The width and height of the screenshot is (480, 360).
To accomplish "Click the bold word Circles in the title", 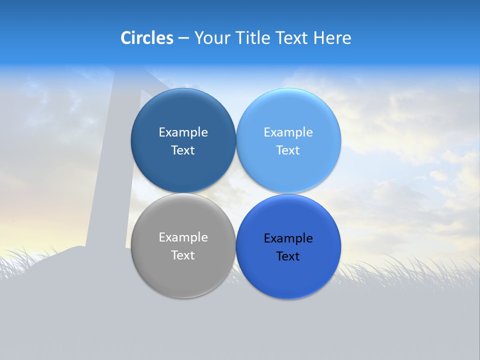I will tap(146, 38).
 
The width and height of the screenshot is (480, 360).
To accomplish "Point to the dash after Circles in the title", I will tap(183, 38).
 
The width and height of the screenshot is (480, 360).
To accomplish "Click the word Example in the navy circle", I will tap(183, 132).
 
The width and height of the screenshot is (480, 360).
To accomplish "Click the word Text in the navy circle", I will tap(183, 150).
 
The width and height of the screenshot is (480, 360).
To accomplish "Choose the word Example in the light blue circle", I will tap(288, 132).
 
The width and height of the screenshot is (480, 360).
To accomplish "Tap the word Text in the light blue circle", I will tap(288, 150).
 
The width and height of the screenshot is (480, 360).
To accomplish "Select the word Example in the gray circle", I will tap(183, 237).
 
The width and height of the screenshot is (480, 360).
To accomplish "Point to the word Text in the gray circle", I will tap(183, 255).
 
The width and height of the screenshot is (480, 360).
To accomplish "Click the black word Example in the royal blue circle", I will tap(288, 238).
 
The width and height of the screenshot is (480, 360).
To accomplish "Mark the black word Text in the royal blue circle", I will tap(288, 256).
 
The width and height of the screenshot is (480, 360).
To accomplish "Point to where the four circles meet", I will tap(236, 193).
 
